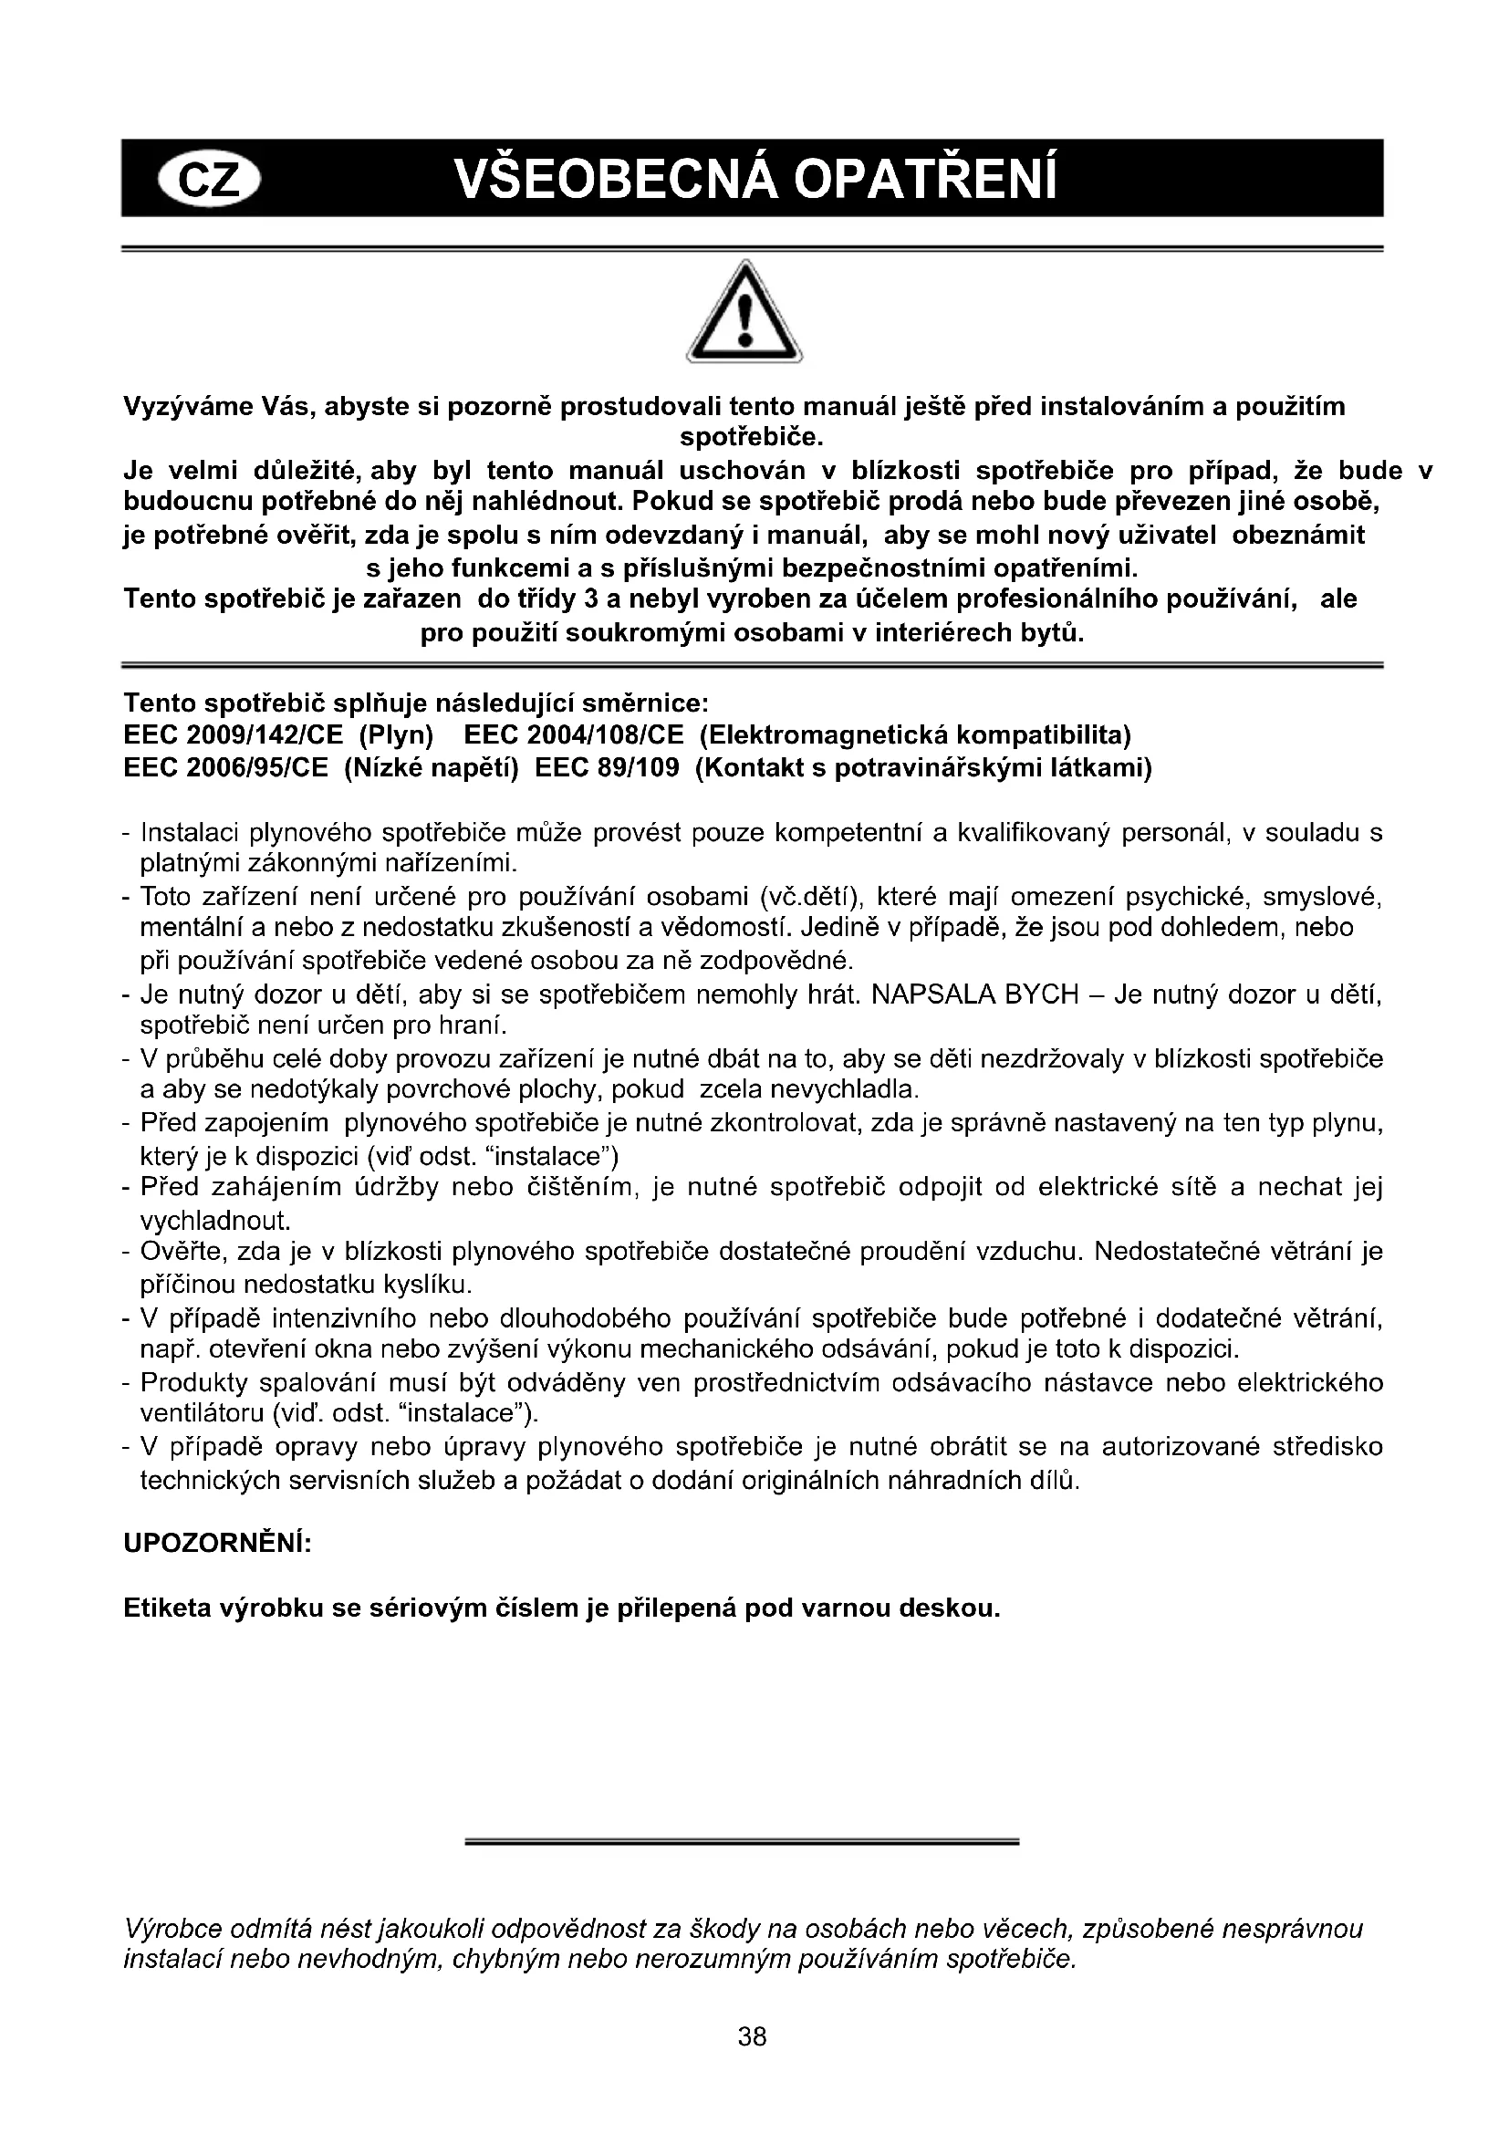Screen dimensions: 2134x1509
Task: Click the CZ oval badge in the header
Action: pyautogui.click(x=211, y=179)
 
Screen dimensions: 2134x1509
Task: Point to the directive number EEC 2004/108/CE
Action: pyautogui.click(x=573, y=736)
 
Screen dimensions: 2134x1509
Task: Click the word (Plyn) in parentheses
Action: pyautogui.click(x=397, y=736)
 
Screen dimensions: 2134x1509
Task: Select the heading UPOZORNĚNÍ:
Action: pyautogui.click(x=217, y=1543)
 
